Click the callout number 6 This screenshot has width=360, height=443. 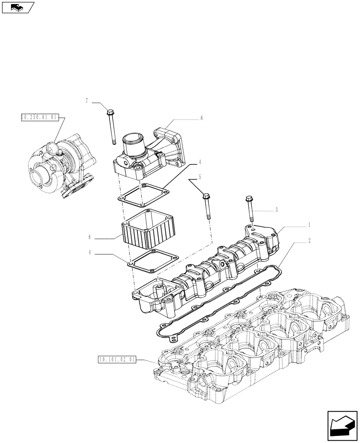tap(201, 118)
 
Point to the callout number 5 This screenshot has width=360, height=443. tap(200, 177)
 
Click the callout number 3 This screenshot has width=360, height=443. tap(277, 210)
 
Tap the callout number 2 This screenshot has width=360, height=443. tap(309, 241)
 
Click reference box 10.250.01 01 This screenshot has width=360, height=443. tap(39, 117)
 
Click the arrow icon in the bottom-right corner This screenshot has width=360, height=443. tap(342, 425)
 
